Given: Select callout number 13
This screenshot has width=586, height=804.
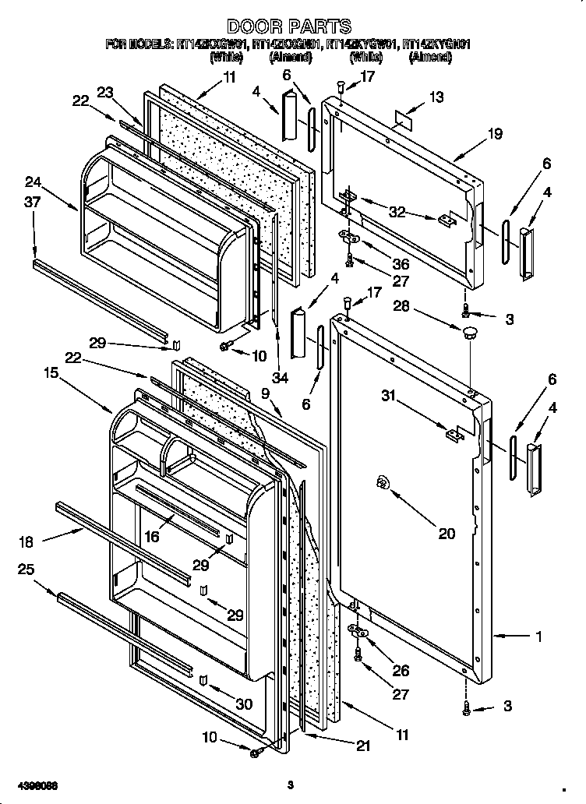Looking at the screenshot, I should [436, 97].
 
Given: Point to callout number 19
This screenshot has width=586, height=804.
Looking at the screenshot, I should [495, 133].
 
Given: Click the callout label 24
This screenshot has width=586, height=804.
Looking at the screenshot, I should [32, 184].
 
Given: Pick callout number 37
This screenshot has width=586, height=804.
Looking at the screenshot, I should [32, 203].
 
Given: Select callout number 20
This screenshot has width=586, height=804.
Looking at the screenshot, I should [446, 534].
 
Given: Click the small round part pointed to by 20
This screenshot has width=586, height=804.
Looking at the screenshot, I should [383, 484].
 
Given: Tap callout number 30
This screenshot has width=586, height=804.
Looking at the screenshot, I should [244, 704].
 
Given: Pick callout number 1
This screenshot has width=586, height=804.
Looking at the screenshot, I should [537, 636].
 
